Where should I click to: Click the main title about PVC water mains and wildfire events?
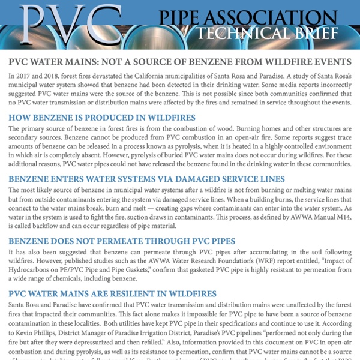pyautogui.click(x=180, y=63)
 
